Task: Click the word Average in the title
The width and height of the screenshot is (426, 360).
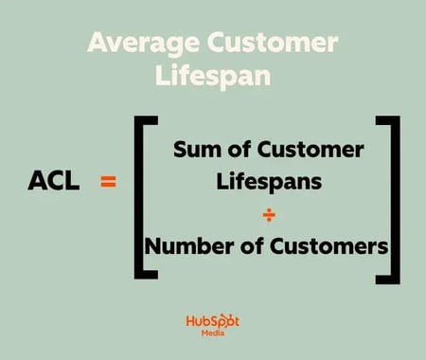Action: coord(142,43)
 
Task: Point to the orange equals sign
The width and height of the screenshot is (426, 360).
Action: coord(108,180)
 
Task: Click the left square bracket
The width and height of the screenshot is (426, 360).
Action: coord(139,199)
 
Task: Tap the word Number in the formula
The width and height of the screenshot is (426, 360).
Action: coord(190,247)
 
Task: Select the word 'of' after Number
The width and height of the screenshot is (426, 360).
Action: coord(253,247)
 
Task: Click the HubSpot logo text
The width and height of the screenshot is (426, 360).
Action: coord(213,322)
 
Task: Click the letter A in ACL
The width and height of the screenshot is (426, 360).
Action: coord(38,180)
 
